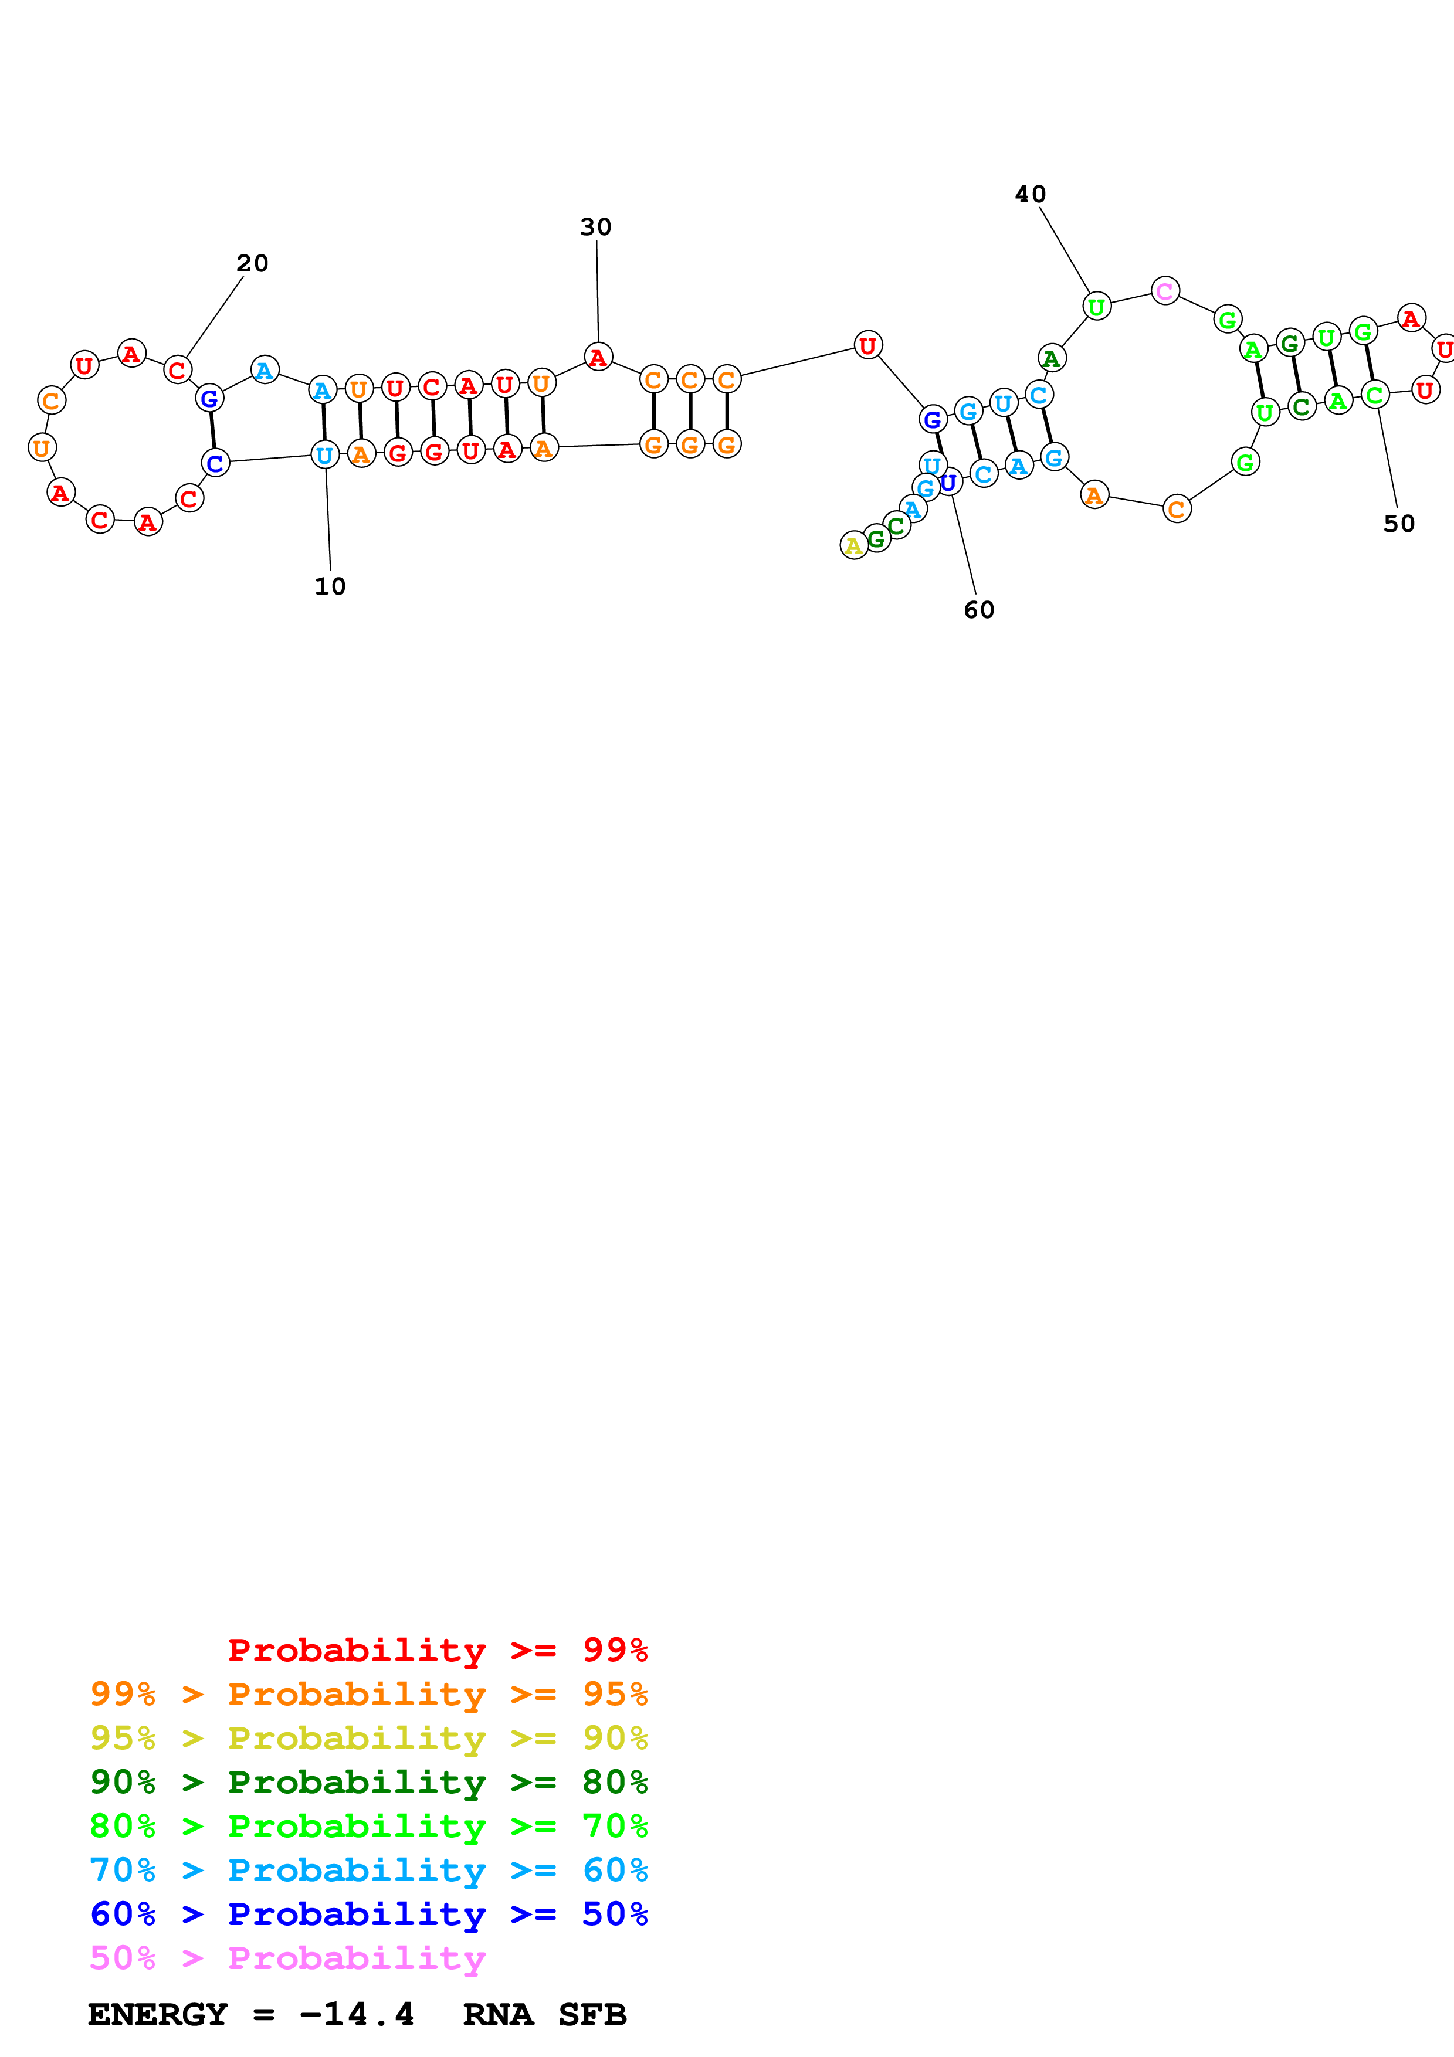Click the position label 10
(x=330, y=586)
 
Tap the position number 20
(x=252, y=263)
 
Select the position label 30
(x=596, y=227)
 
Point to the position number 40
(x=1031, y=195)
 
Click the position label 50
(x=1398, y=523)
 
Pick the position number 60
(x=979, y=609)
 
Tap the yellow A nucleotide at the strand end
(x=854, y=545)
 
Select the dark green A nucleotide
(x=1052, y=358)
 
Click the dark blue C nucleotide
(x=216, y=463)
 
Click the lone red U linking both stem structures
(x=867, y=345)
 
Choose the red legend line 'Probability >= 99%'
(x=437, y=1650)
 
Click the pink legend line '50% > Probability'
(x=287, y=1958)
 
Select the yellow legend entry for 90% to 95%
(x=368, y=1738)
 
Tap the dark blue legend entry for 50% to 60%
(x=368, y=1915)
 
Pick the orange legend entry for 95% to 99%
(x=368, y=1694)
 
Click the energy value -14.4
(x=357, y=2015)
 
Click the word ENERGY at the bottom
(x=158, y=2015)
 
